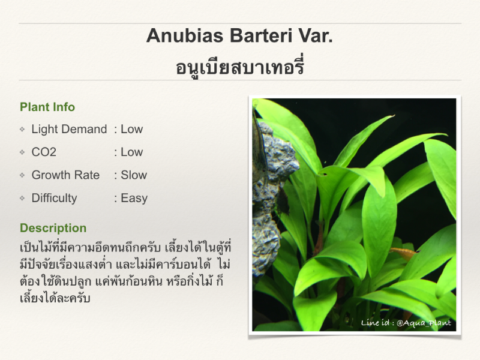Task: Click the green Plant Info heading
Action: coord(47,107)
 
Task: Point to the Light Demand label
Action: coord(69,129)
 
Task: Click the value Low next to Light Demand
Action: coord(131,129)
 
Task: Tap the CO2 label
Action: coord(44,152)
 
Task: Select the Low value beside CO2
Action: coord(131,152)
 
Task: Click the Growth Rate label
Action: coord(65,175)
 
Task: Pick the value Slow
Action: coord(134,175)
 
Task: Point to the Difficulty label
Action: coord(54,199)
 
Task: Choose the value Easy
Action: coord(134,199)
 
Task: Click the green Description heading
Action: coord(53,228)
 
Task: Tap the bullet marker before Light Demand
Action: coord(22,129)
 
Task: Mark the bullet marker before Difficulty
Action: coord(22,198)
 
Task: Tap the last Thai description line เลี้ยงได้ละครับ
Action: coord(55,298)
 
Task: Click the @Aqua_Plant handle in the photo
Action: coord(424,323)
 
